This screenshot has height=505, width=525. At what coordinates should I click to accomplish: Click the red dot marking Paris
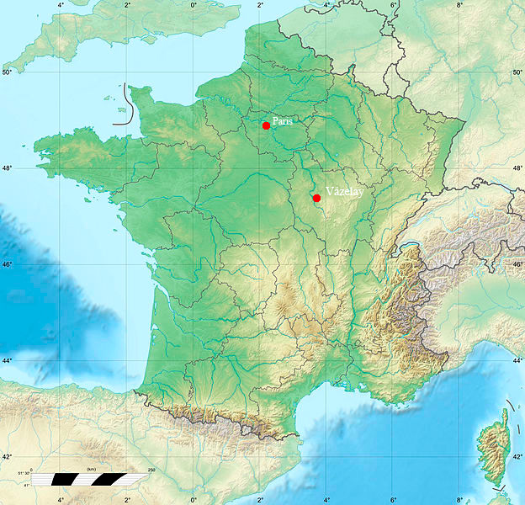[x=266, y=125]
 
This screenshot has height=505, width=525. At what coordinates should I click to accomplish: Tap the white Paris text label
[x=283, y=121]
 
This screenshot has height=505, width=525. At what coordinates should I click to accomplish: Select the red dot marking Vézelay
[x=316, y=198]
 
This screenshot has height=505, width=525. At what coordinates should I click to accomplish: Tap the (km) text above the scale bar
[x=91, y=468]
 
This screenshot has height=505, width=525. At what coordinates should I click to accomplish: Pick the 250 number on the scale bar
[x=152, y=469]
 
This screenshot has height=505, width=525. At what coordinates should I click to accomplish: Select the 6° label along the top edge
[x=393, y=5]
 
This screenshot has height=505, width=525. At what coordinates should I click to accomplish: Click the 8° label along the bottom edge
[x=459, y=499]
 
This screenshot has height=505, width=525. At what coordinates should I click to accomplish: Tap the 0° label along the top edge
[x=194, y=5]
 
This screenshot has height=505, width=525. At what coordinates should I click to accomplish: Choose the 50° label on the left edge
[x=8, y=72]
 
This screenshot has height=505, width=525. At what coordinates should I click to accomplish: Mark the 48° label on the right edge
[x=517, y=168]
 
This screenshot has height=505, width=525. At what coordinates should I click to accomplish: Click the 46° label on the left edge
[x=8, y=265]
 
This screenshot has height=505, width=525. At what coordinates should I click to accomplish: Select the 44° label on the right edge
[x=517, y=361]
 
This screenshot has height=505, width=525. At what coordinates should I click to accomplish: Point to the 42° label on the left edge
[x=8, y=457]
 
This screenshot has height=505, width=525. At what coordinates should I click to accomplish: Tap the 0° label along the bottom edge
[x=194, y=499]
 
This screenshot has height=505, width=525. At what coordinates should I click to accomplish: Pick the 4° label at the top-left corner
[x=61, y=5]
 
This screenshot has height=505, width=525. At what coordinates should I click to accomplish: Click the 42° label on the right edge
[x=517, y=457]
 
